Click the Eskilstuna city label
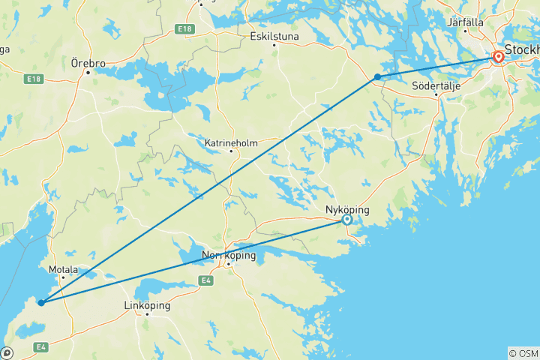coord(274,35)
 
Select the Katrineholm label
coord(231,142)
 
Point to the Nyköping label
coord(347,211)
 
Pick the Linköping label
coord(147,306)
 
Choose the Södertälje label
coord(435,85)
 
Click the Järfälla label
coord(465,22)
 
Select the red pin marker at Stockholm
coord(499,56)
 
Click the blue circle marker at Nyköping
coord(346,220)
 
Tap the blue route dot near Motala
coord(41,303)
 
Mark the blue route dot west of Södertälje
coord(377,76)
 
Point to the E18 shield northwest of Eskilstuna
coord(184,28)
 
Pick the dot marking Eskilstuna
coord(274,44)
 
